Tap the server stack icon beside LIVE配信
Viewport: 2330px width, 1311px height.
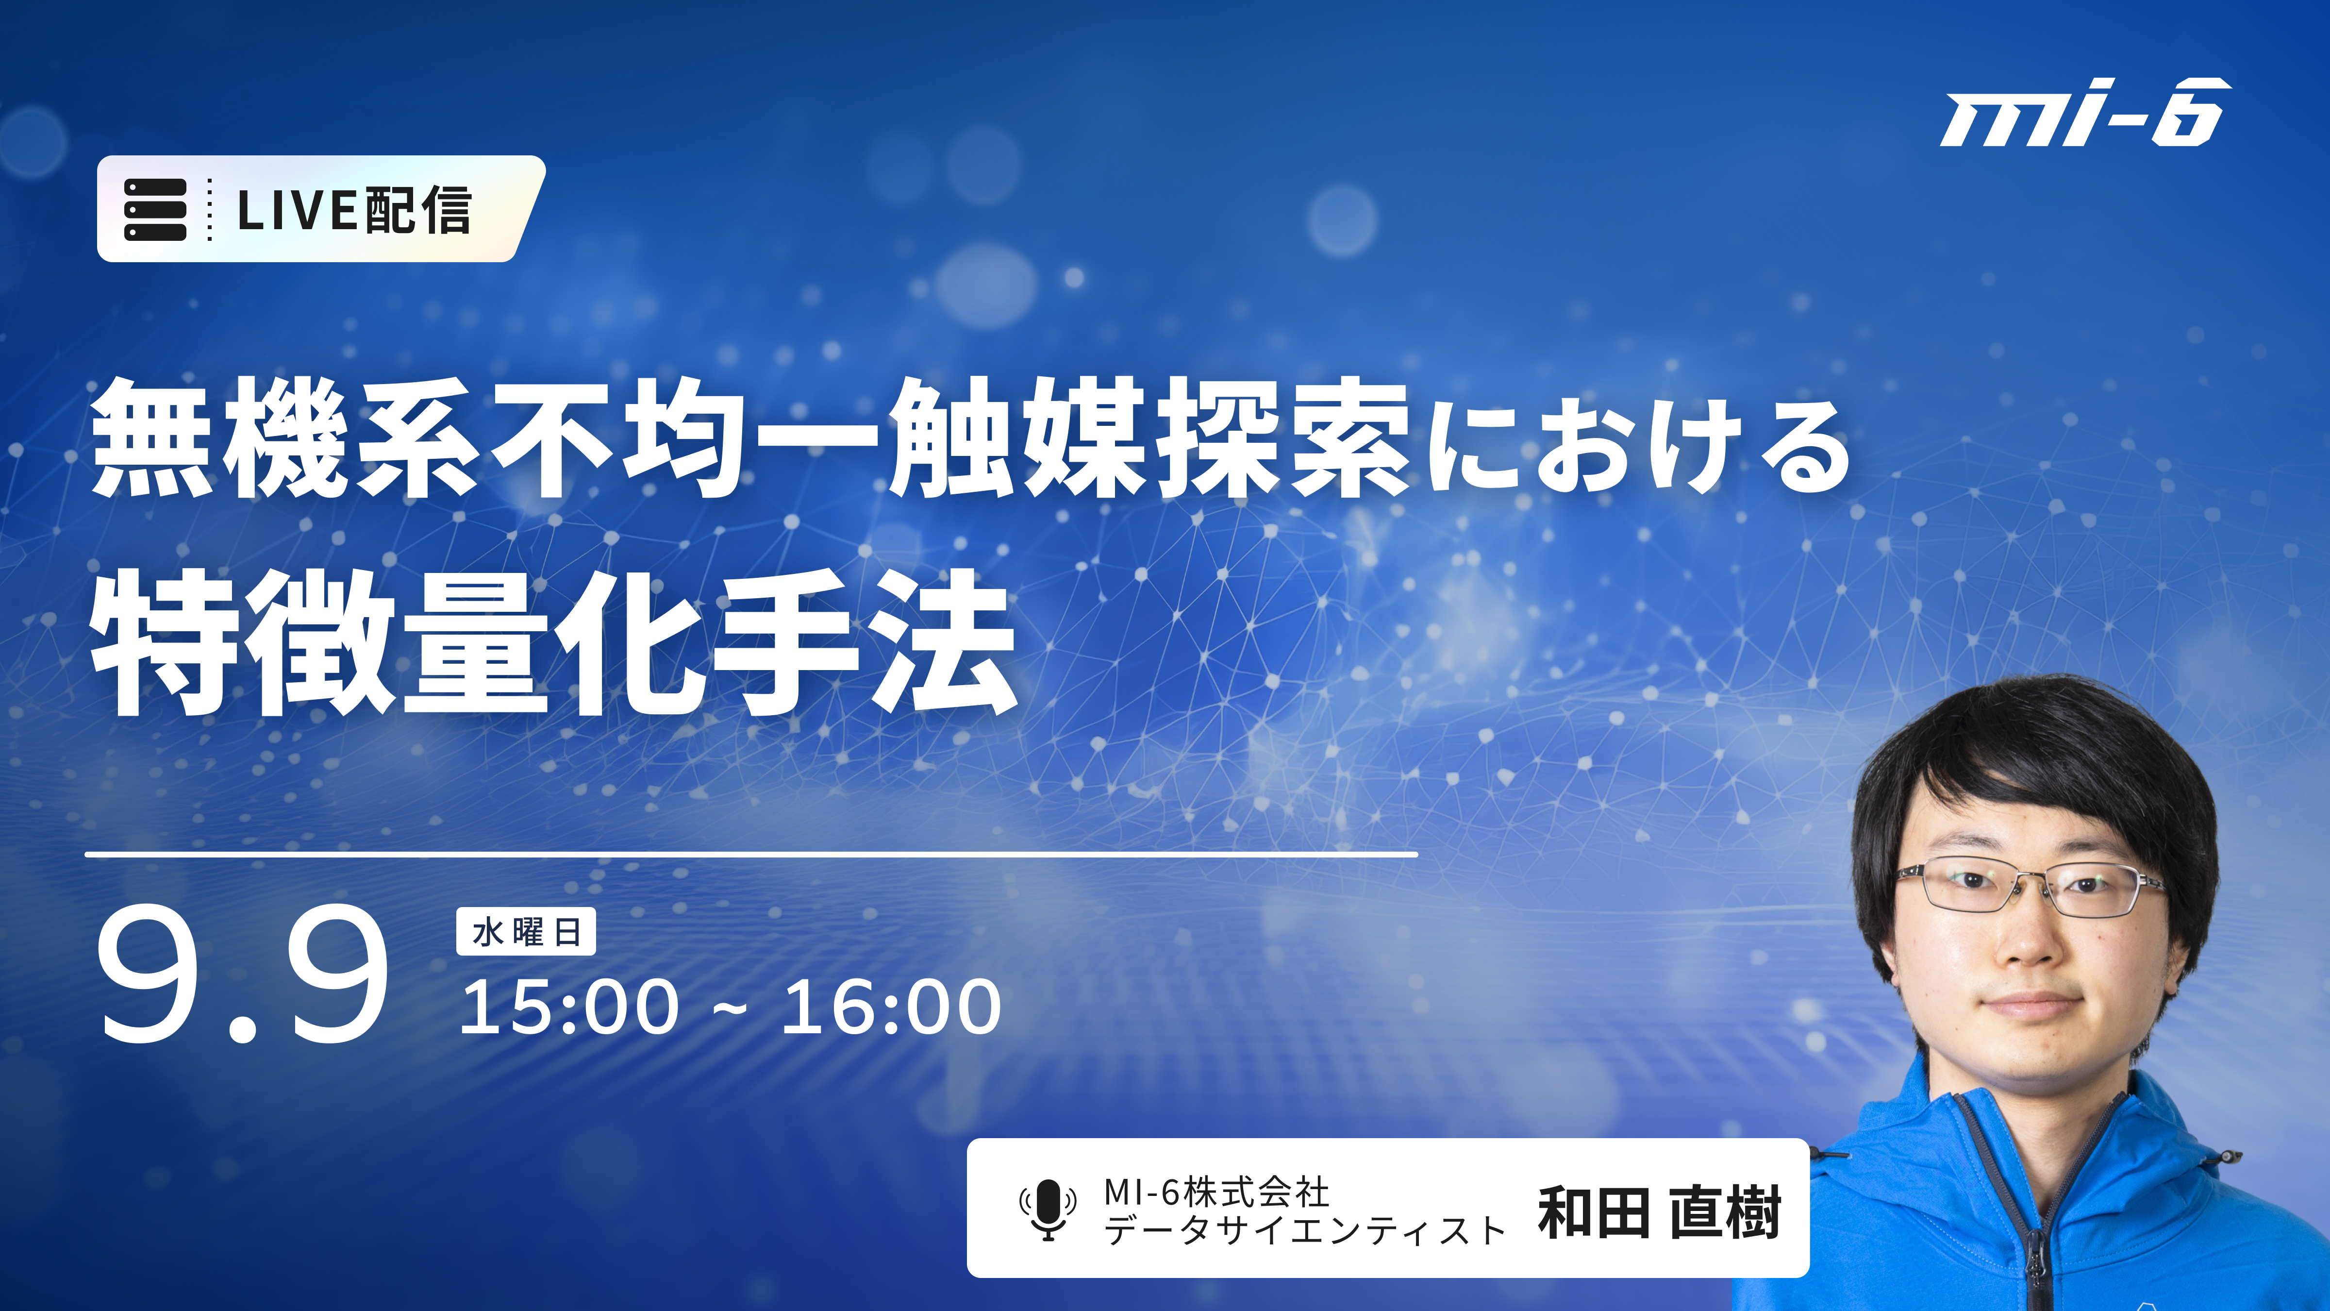coord(155,209)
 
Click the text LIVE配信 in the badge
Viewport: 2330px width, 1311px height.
coord(354,210)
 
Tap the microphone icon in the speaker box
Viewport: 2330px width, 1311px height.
coord(1048,1210)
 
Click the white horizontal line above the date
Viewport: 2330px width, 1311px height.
coord(751,853)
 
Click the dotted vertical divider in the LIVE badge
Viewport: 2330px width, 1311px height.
coord(210,209)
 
